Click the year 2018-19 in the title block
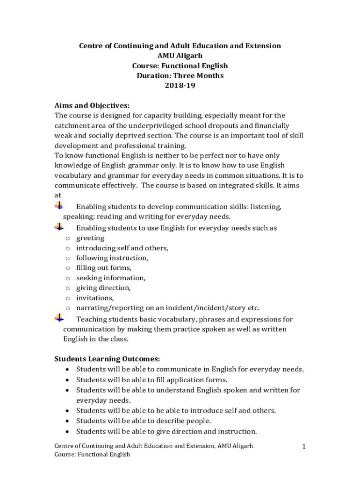(180, 86)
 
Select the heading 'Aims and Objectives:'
(92, 105)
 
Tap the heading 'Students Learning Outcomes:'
(108, 359)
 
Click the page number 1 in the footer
(303, 447)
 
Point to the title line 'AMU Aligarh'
(180, 56)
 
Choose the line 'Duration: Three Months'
(180, 76)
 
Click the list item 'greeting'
(90, 238)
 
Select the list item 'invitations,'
(95, 298)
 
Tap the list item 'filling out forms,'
(104, 268)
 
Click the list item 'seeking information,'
(111, 277)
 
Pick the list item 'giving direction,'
(103, 288)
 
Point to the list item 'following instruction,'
(112, 258)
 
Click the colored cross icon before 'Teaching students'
(59, 319)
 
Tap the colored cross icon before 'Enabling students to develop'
(59, 205)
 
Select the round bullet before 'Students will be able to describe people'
(68, 421)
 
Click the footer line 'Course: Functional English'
(92, 454)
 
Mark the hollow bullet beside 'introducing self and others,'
(67, 248)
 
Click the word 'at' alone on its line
(58, 195)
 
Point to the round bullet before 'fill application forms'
(68, 380)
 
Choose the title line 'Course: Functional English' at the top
(180, 65)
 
